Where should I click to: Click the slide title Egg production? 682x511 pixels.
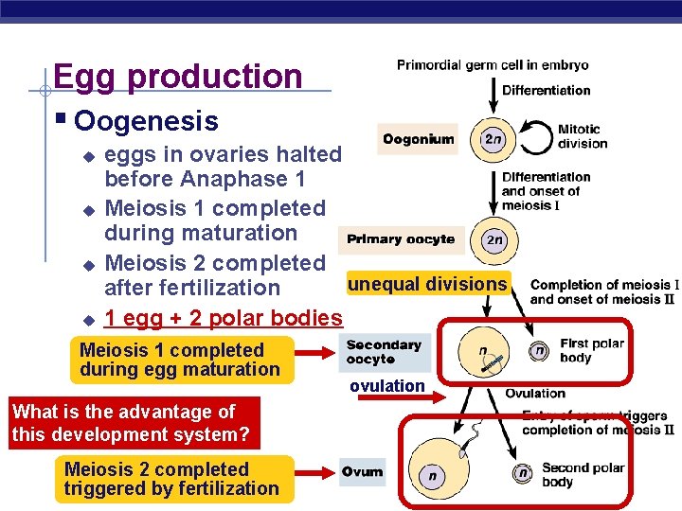point(178,77)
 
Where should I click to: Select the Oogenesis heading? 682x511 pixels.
point(147,121)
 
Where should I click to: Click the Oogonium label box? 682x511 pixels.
point(417,139)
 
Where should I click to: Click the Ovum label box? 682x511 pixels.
point(363,471)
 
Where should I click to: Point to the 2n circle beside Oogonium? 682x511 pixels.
point(493,139)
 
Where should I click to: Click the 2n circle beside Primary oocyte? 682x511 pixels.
point(493,239)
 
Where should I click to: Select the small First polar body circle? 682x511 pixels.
point(539,351)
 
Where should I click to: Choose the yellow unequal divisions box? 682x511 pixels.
point(427,284)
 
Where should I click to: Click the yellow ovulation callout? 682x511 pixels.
point(386,386)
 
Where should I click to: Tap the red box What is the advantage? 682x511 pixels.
point(132,423)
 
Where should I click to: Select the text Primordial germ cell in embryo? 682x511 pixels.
point(493,65)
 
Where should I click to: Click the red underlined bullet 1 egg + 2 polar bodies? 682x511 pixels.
point(223,318)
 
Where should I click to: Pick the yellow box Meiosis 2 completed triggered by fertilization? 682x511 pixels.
point(171,479)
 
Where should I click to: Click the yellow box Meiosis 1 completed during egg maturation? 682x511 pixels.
point(180,360)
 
